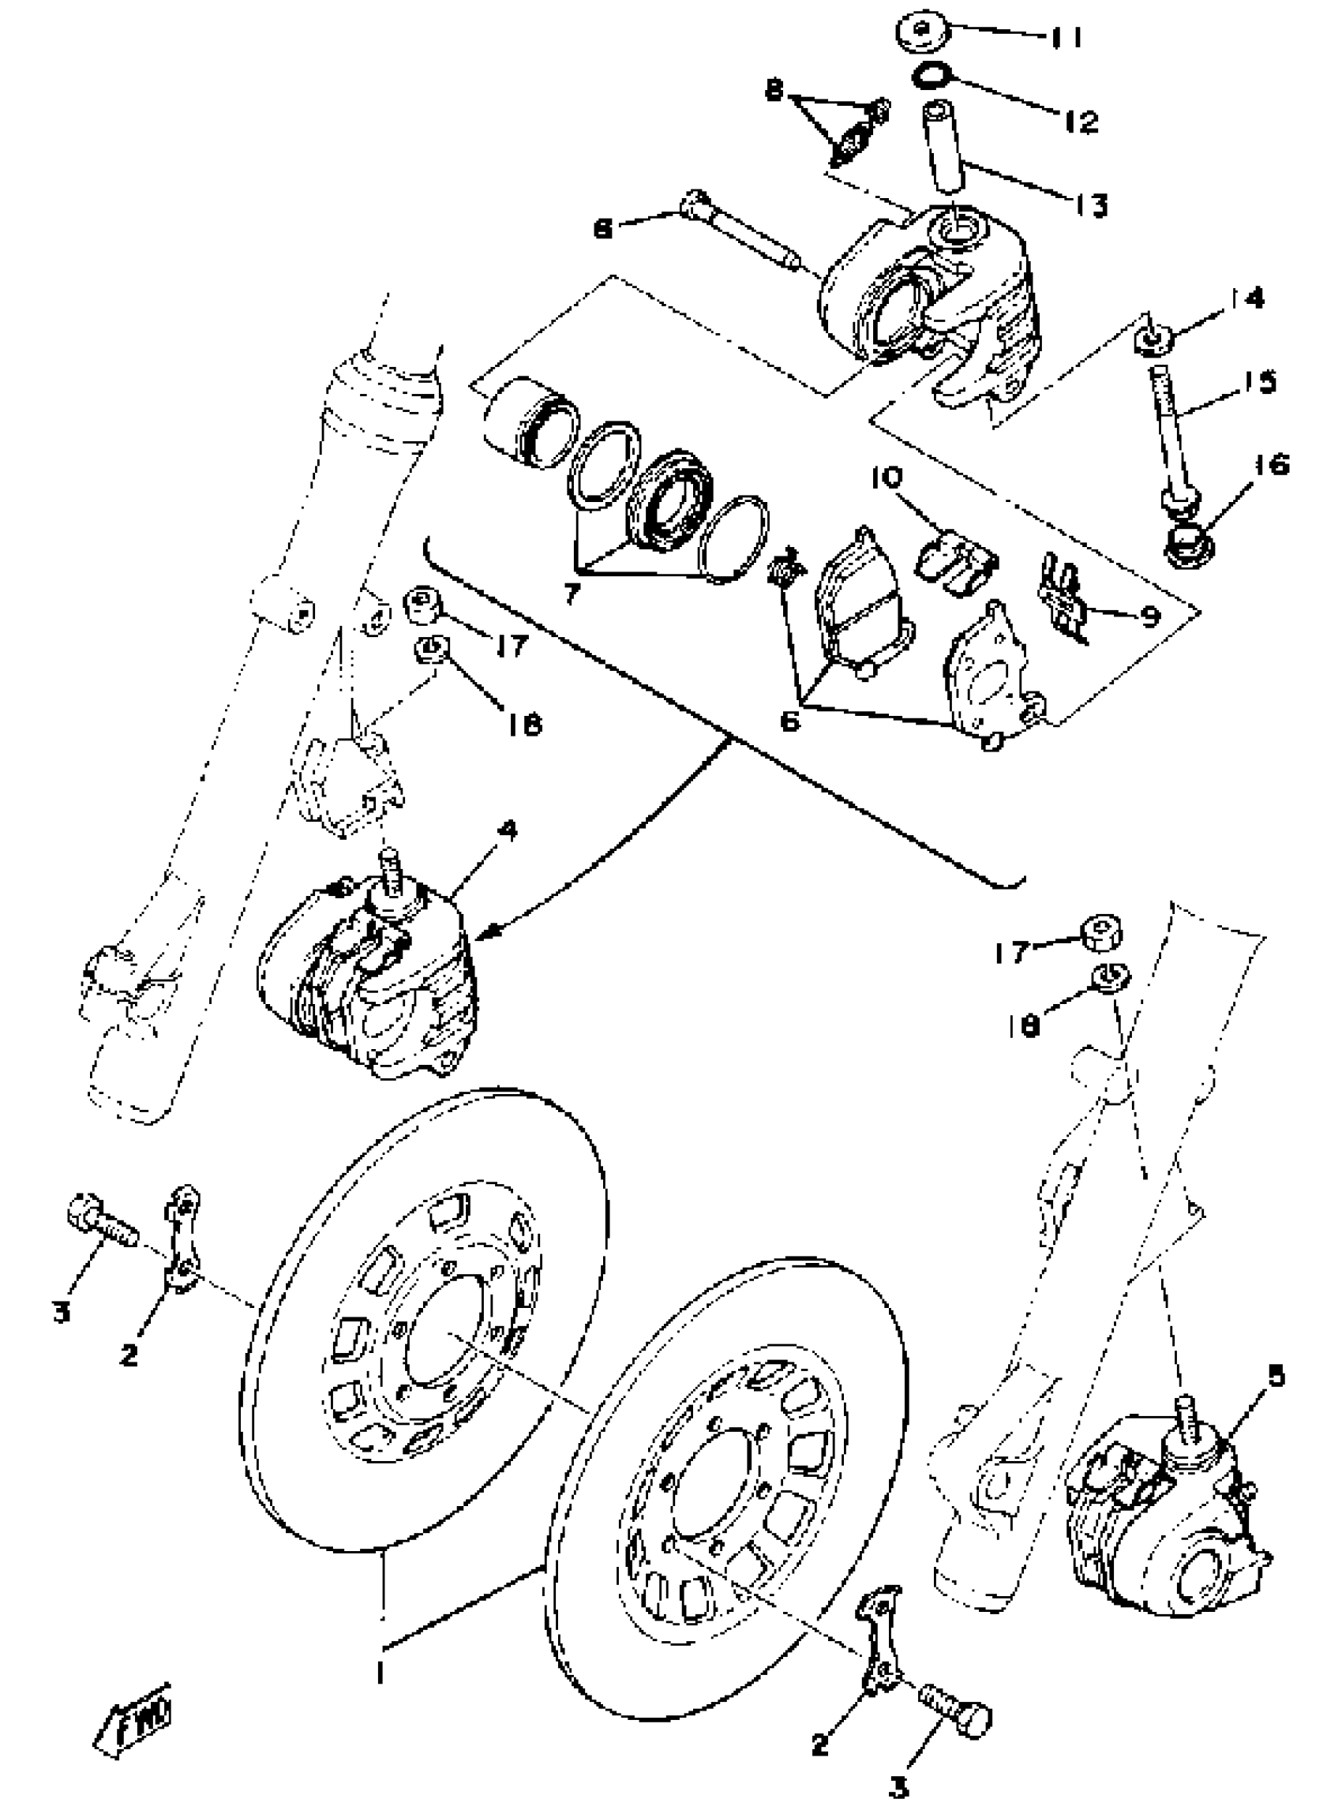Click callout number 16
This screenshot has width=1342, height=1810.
pyautogui.click(x=1276, y=465)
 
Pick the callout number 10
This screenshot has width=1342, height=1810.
pyautogui.click(x=888, y=477)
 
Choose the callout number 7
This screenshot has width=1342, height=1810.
pyautogui.click(x=571, y=594)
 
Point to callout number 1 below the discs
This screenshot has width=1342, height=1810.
pyautogui.click(x=379, y=1672)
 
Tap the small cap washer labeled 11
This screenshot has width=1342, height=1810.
pyautogui.click(x=924, y=32)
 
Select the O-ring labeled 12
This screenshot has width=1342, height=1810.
pyautogui.click(x=931, y=77)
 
